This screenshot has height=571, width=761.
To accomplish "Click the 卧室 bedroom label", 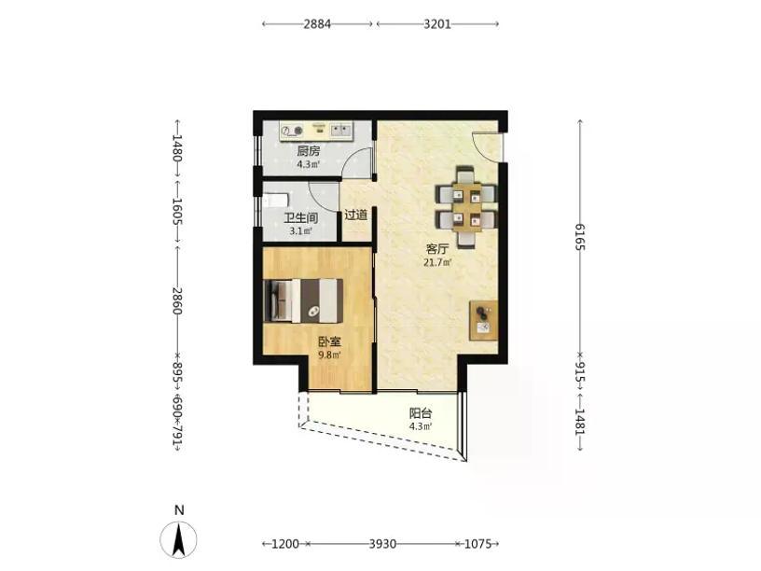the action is point(329,341).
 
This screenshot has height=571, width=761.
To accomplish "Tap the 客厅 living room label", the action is point(436,249).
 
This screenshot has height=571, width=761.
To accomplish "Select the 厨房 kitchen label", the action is point(309,151).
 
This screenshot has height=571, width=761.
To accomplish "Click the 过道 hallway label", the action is point(355,215).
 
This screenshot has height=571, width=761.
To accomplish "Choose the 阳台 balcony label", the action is point(421,413).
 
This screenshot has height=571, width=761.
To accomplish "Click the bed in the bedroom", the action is point(303,300).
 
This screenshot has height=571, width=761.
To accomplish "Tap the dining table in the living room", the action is point(467,205).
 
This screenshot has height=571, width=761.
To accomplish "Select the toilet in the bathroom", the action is point(275,200).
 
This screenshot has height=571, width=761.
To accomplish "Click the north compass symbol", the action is point(179,539).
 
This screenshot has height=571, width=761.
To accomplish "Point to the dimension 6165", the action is point(580,237).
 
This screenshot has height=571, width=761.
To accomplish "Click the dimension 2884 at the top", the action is point(317,24).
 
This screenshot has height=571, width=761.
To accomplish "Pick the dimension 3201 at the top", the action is point(437,24).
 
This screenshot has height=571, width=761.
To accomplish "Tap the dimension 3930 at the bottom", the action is point(383,544).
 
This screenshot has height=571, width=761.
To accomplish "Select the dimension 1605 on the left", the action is point(177,211).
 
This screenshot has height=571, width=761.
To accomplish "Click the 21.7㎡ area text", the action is point(437,263).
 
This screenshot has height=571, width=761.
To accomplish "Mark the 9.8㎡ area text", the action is point(329,355).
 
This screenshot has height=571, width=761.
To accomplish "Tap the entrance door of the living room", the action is point(487,145).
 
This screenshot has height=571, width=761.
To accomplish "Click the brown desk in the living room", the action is point(483,320).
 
